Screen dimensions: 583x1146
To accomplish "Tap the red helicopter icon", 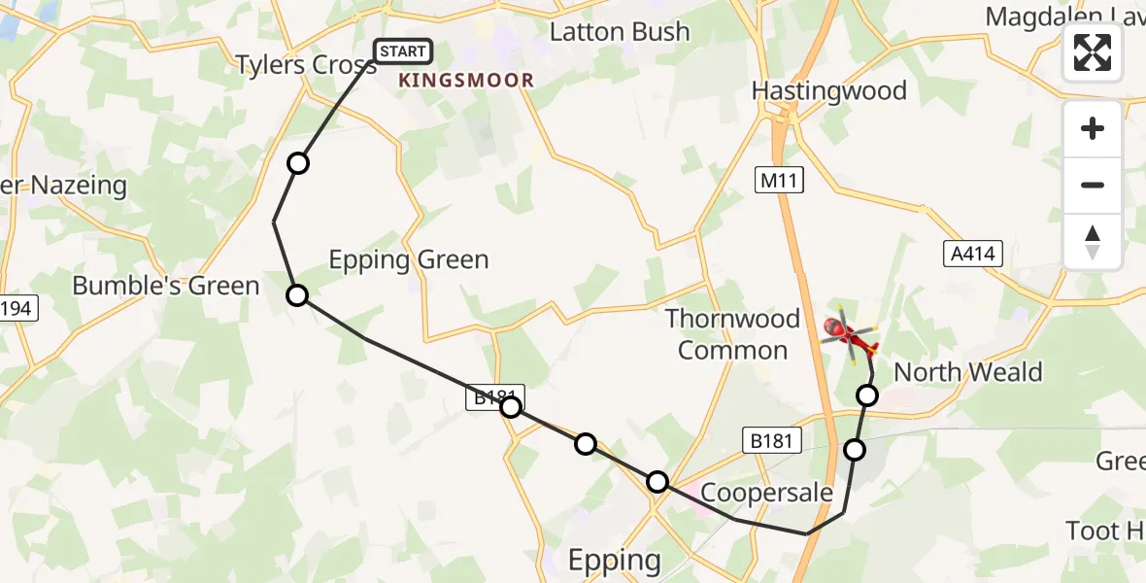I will [850, 335].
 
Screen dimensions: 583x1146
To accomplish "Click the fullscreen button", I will [1093, 51].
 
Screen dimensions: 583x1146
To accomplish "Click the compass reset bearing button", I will [1093, 241].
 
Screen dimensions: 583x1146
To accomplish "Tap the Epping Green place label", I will [409, 259].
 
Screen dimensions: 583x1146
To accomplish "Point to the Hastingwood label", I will [829, 91].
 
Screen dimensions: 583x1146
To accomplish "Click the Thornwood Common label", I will [733, 333].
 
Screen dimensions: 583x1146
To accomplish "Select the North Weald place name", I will [967, 372].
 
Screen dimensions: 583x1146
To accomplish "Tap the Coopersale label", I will [766, 493].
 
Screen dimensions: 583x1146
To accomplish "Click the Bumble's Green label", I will [166, 286].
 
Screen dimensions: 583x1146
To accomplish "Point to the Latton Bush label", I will [620, 32].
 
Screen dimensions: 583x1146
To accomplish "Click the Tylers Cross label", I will [305, 65].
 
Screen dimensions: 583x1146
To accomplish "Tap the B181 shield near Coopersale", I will [773, 440].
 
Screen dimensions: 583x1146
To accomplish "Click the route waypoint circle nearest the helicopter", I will [867, 394].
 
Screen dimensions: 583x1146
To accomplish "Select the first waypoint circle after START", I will [298, 163].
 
